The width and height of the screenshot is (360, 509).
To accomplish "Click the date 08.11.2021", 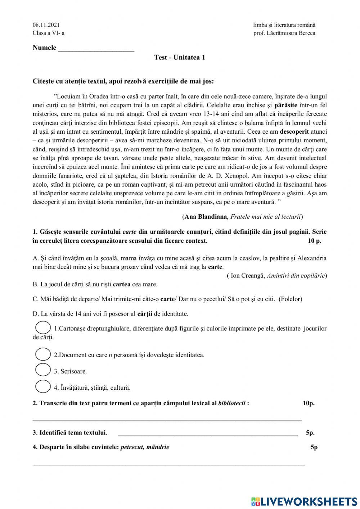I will (46, 25).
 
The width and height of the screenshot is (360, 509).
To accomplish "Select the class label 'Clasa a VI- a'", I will (49, 33).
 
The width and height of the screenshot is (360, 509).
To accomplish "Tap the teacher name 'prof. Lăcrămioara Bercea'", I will (284, 33).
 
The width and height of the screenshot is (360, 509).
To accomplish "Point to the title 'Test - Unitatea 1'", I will (180, 57).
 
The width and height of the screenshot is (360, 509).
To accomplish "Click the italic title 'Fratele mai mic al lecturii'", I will (266, 216).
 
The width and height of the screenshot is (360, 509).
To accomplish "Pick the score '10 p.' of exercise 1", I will (314, 241).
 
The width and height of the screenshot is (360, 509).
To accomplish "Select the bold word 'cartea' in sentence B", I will (122, 284).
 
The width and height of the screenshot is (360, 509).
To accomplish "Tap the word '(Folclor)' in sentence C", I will (291, 299).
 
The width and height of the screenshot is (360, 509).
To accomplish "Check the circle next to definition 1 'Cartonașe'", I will (43, 327).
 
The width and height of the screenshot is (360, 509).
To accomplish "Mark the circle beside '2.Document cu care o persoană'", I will (43, 354).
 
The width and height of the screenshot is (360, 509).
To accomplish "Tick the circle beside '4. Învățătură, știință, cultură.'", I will (43, 387).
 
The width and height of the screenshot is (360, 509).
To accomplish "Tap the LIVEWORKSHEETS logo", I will (304, 501).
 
